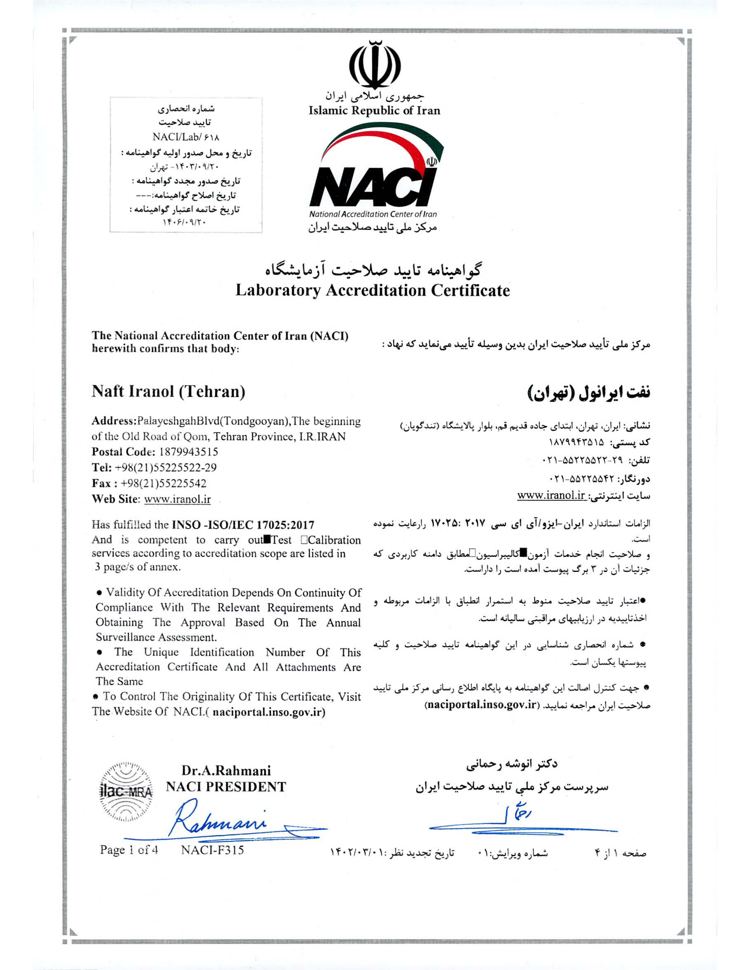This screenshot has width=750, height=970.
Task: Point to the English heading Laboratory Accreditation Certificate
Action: (x=372, y=291)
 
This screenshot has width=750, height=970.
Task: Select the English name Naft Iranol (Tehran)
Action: (x=168, y=391)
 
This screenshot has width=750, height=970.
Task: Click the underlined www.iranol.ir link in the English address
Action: (x=178, y=499)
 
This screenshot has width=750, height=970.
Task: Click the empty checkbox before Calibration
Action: (x=304, y=540)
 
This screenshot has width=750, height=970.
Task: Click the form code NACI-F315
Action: (x=212, y=850)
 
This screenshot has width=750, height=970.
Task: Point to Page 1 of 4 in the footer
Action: (x=129, y=850)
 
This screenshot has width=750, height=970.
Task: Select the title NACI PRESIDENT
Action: (x=226, y=787)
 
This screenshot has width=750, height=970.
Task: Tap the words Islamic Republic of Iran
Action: (x=374, y=110)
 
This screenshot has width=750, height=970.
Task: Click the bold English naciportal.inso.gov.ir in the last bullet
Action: (x=269, y=712)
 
